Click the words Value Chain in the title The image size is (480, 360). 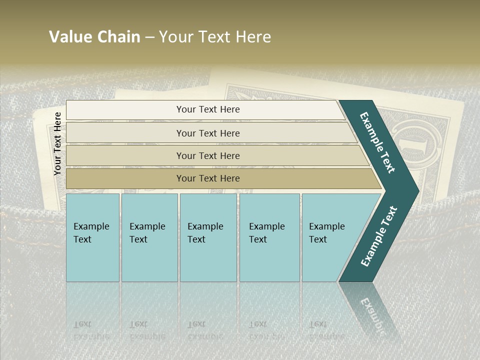(94, 37)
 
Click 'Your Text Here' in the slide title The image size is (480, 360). (215, 37)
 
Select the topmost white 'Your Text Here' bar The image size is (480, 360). (207, 109)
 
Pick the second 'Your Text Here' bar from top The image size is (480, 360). (207, 133)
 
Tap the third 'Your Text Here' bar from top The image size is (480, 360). (207, 155)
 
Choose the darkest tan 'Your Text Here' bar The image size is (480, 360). (207, 178)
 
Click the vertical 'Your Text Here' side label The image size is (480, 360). (57, 143)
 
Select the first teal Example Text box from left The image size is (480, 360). (92, 237)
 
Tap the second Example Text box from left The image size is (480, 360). (149, 237)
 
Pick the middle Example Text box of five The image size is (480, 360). (208, 237)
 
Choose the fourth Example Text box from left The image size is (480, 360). (269, 237)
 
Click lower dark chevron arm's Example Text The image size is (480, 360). (378, 236)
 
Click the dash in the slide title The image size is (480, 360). (149, 37)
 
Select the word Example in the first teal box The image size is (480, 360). (91, 226)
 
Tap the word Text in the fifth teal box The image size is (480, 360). (318, 239)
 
